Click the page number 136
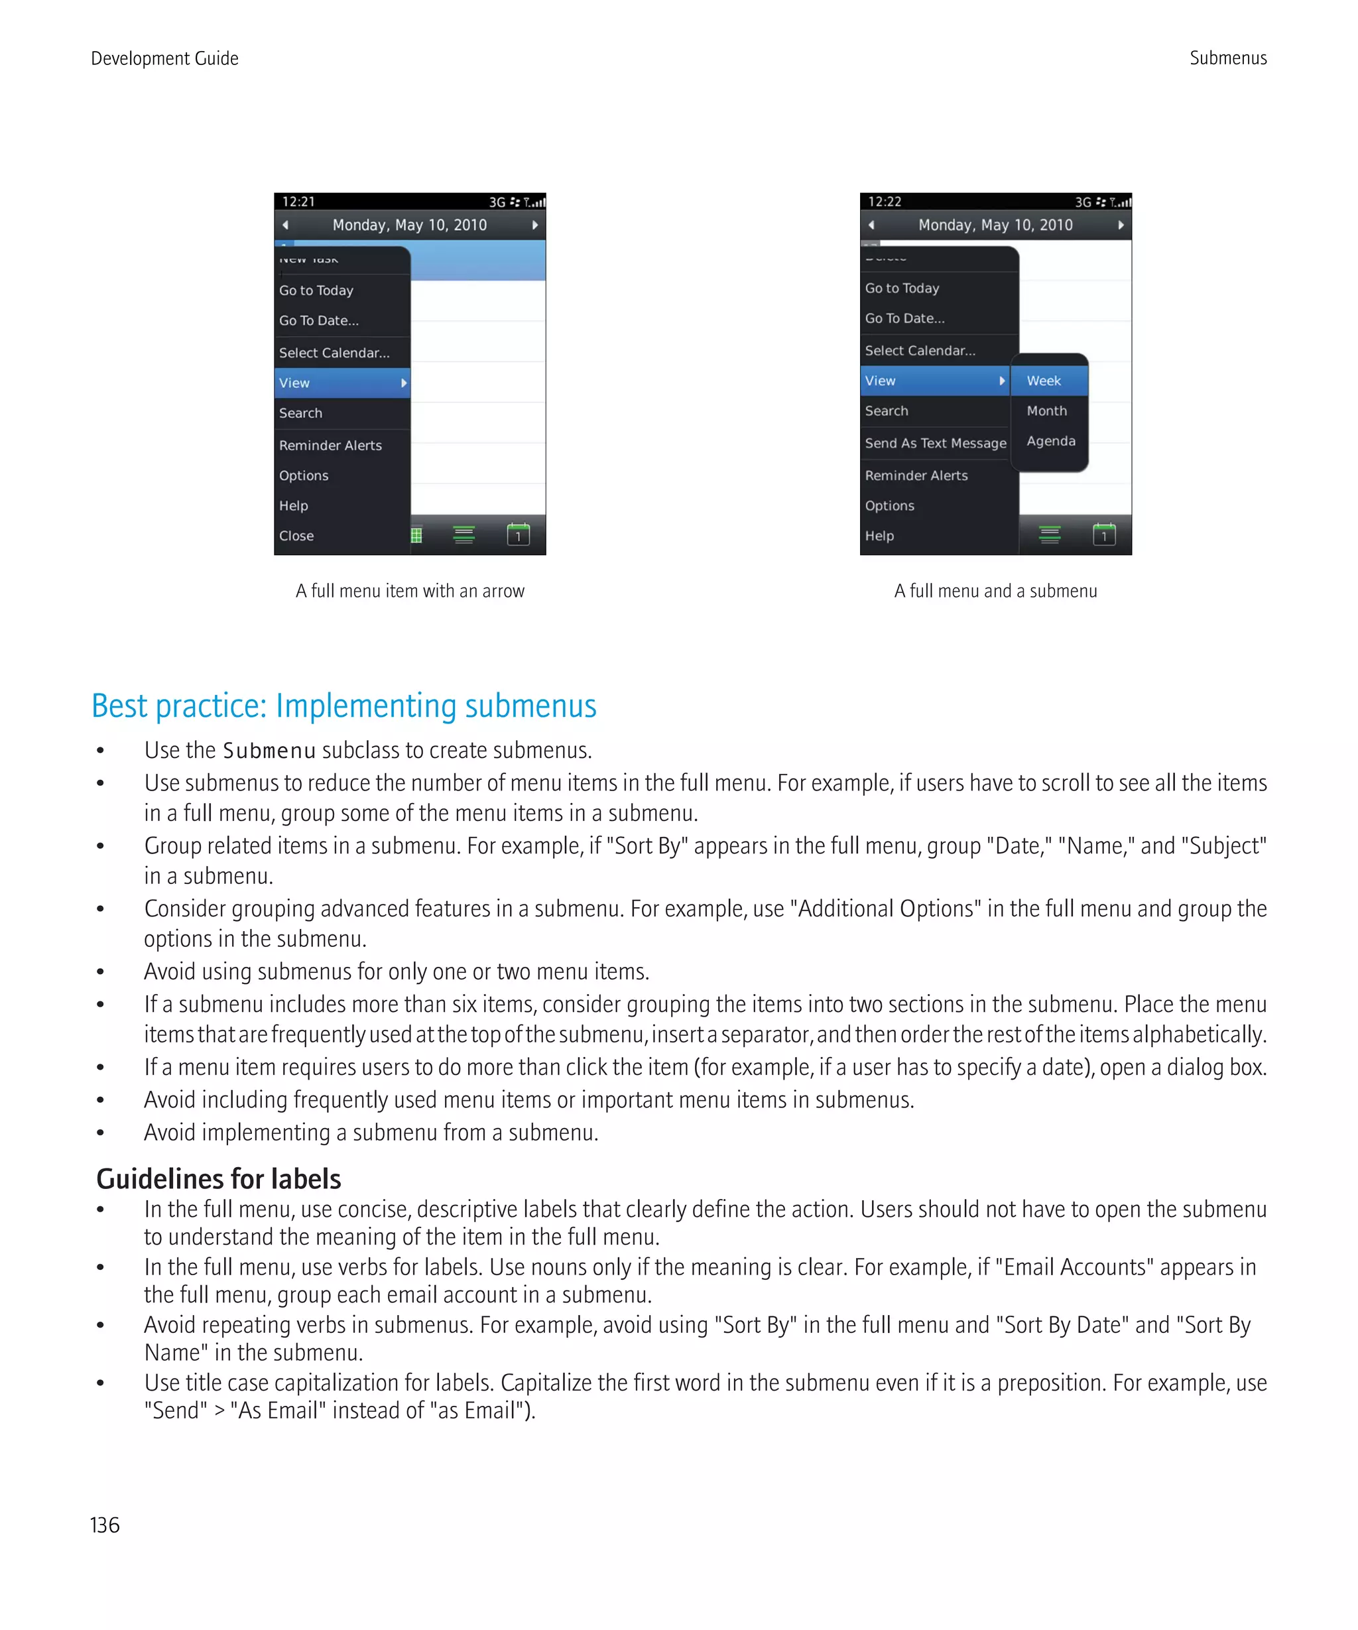(x=105, y=1525)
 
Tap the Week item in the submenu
(x=1044, y=381)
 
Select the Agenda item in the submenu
(x=1051, y=441)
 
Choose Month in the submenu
(x=1046, y=410)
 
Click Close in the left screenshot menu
(x=296, y=536)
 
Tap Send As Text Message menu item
(x=935, y=443)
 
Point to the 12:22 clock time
(x=884, y=202)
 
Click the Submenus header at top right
(x=1227, y=58)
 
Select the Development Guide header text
(x=164, y=58)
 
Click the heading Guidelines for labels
(x=218, y=1178)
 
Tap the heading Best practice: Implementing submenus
(x=343, y=706)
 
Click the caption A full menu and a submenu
(x=995, y=591)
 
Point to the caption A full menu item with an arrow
(x=410, y=591)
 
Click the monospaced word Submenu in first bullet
(x=269, y=751)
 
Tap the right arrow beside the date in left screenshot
(x=534, y=225)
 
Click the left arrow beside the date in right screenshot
(x=871, y=225)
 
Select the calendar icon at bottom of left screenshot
(x=518, y=534)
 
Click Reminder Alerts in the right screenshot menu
(x=916, y=475)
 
